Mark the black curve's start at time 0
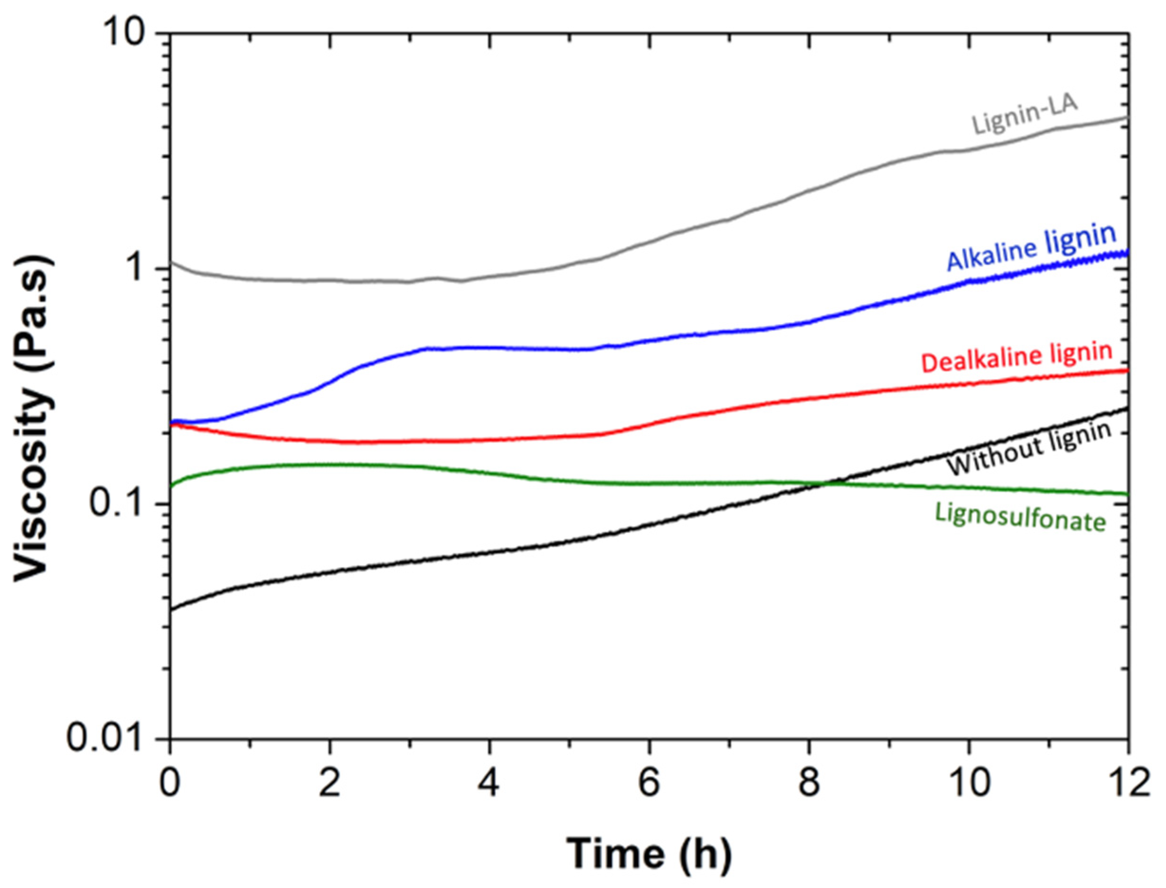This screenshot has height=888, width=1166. click(x=171, y=609)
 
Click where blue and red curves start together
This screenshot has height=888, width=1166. click(x=172, y=422)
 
